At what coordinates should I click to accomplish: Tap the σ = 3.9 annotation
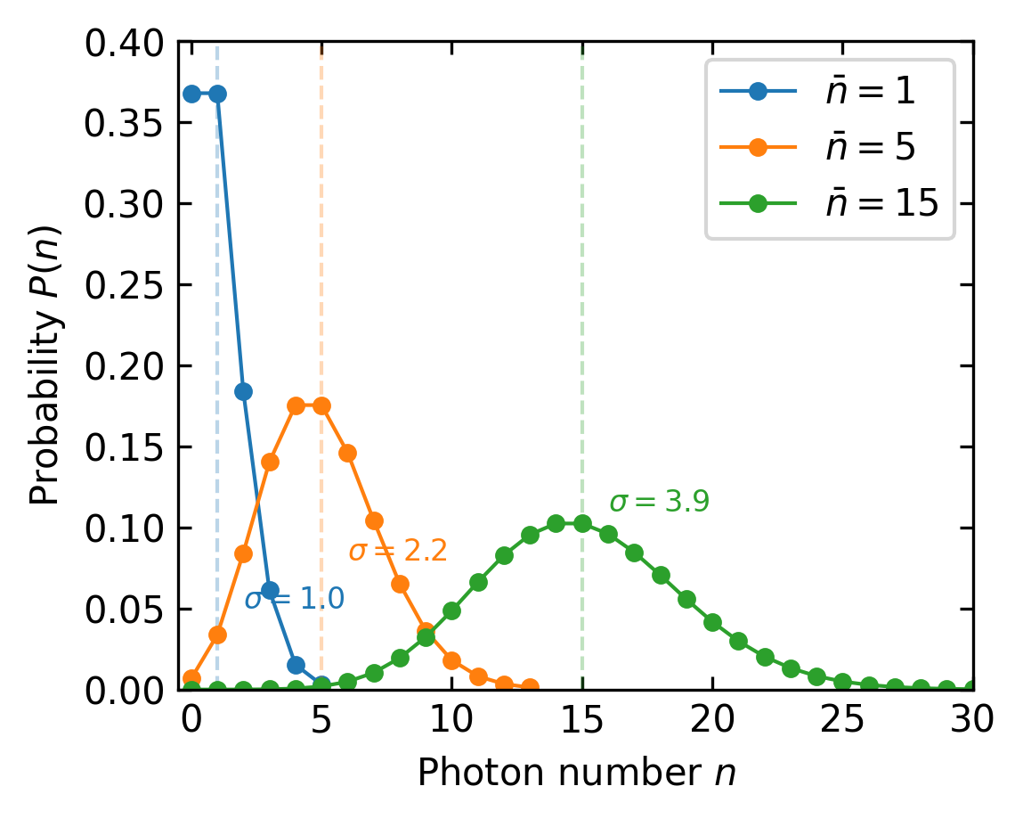tap(659, 503)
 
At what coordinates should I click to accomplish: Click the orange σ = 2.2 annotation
tap(397, 552)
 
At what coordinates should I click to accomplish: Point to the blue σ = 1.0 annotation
tap(294, 599)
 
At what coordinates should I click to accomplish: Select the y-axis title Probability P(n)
tap(45, 366)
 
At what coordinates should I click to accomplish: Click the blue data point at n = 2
tap(243, 391)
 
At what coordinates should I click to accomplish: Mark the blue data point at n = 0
tap(191, 94)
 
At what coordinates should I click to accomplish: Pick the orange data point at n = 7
tap(374, 520)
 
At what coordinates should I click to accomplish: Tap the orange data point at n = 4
tap(296, 405)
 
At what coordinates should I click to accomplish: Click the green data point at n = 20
tap(712, 623)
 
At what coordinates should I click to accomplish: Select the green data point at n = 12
tap(504, 555)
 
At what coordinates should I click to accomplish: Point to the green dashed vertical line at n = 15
tap(582, 267)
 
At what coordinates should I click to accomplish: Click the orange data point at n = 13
tap(530, 687)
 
